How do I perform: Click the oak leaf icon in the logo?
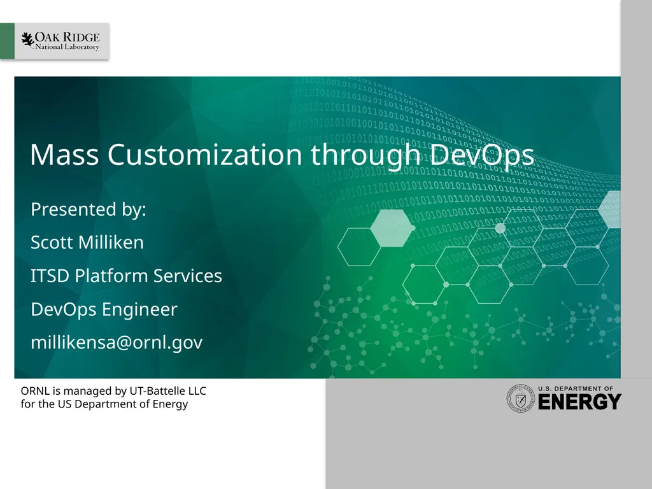click(27, 40)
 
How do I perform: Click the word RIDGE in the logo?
click(81, 37)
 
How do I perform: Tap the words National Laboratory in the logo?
click(67, 48)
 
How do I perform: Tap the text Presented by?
click(89, 209)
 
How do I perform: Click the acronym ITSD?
click(50, 276)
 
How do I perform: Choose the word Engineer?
click(139, 310)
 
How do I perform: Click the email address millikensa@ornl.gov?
click(117, 343)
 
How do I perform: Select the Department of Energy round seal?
click(520, 398)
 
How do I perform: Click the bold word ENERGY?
click(579, 402)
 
